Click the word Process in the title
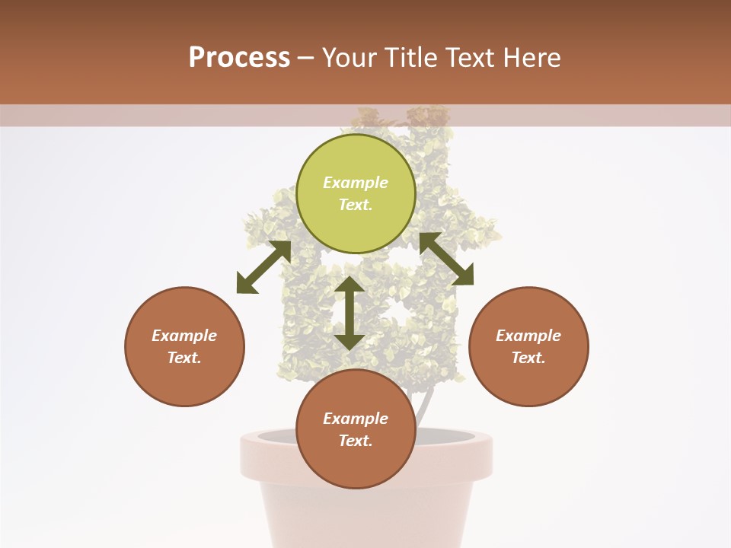(239, 58)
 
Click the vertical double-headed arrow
(350, 313)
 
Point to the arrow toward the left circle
(263, 267)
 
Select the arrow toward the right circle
(447, 258)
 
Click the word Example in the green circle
(356, 183)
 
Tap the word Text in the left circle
(184, 358)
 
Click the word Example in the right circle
(528, 336)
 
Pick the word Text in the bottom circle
(356, 441)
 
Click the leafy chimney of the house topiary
(430, 122)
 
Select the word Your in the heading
(350, 58)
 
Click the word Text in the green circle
(356, 205)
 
